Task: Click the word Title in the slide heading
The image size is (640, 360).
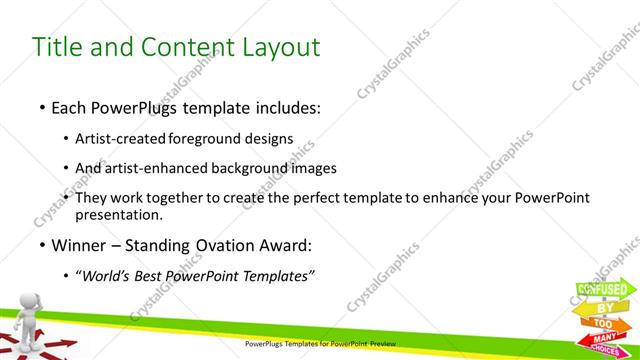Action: [58, 46]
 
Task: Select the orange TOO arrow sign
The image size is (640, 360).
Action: [603, 325]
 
